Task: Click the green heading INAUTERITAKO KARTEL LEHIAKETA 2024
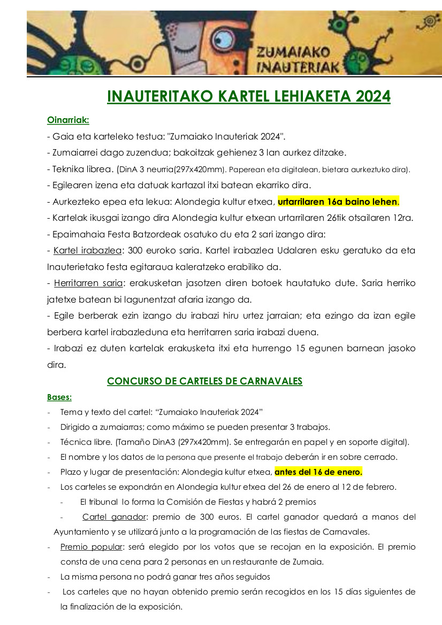tap(249, 96)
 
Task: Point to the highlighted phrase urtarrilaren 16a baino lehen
tap(339, 202)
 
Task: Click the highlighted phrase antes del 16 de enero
tap(318, 472)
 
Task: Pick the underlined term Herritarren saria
tap(88, 283)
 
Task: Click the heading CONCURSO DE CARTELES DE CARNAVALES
tap(205, 381)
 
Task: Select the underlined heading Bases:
tap(59, 397)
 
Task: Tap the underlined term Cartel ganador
tap(114, 517)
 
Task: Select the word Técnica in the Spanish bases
tap(75, 442)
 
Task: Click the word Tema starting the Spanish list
tap(70, 412)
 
